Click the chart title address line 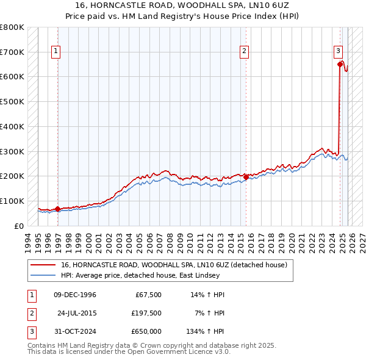183,5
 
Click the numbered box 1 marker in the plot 56,52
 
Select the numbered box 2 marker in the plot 244,52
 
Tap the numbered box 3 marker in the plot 337,52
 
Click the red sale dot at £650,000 340,63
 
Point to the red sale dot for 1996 57,209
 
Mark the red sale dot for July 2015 246,176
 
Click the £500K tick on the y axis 12,102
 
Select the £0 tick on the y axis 19,226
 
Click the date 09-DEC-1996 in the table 74,295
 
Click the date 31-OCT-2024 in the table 74,331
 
